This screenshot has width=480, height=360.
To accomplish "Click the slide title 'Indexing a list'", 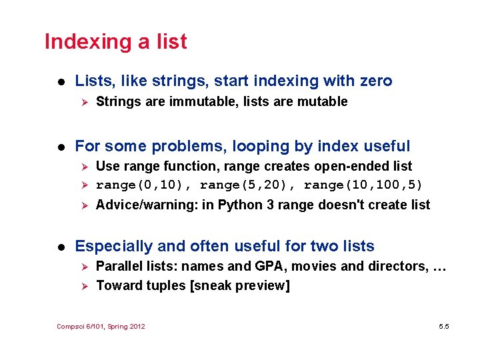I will click(x=115, y=42).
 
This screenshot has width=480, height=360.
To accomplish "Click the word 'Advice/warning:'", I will click(x=147, y=205).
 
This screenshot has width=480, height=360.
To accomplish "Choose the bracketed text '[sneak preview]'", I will click(x=249, y=286).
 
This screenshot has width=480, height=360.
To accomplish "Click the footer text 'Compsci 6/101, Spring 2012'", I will click(x=101, y=326).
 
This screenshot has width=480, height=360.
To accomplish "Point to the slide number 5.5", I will click(x=443, y=326).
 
